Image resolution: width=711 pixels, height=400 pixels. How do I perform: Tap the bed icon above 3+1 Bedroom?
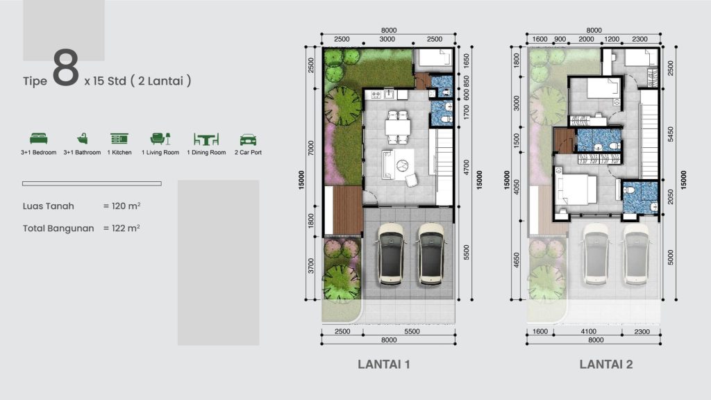coord(38,139)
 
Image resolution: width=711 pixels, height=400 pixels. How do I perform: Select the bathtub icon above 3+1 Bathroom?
coord(82,139)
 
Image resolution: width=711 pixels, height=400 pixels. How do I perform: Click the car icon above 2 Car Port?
coord(248,140)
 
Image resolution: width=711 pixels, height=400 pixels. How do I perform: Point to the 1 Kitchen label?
coord(119,153)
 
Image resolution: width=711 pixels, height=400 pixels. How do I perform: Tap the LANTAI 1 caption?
coord(387,364)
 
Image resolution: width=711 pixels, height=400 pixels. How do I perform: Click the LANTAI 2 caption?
coord(606,364)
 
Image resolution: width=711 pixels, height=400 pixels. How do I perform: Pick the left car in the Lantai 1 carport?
coord(391,254)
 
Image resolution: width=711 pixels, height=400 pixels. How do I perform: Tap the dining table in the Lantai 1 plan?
coord(398,127)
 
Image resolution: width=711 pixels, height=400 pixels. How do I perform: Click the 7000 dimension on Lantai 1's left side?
coord(312,148)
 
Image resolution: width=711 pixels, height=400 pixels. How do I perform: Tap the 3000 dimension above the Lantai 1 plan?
coord(387,40)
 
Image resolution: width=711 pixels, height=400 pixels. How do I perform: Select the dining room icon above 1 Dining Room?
coord(206,139)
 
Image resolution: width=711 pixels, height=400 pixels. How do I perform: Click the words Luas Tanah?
coord(48,206)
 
